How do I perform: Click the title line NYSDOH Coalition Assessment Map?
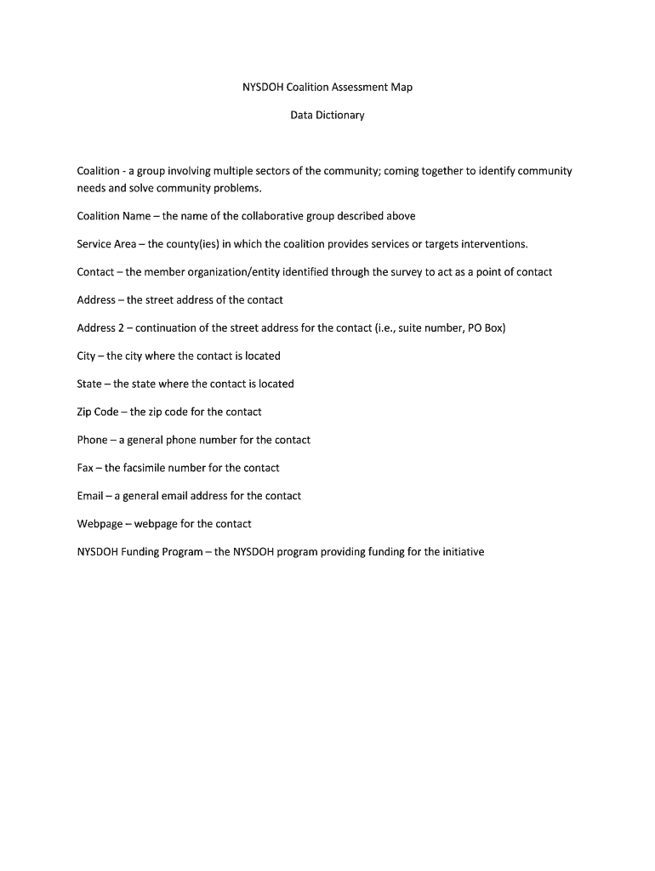tap(327, 87)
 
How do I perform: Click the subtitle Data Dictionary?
tap(327, 115)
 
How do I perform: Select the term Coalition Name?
tap(113, 216)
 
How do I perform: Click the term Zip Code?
tap(98, 412)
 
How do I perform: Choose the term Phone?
tap(92, 440)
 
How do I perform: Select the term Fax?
tap(85, 468)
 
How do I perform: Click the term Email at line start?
tap(89, 496)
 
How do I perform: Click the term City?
tap(86, 356)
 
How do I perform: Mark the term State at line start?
tap(89, 384)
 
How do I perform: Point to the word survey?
tap(404, 272)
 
